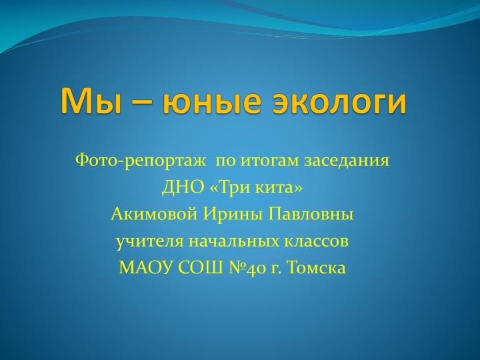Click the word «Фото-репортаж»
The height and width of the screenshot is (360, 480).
click(141, 161)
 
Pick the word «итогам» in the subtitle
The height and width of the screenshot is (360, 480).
click(269, 161)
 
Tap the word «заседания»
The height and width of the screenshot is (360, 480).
click(347, 161)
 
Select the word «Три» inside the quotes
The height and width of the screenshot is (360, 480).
click(234, 187)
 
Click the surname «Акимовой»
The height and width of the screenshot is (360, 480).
click(154, 214)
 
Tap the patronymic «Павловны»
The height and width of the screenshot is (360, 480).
click(311, 214)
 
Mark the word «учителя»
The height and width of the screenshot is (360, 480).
click(150, 242)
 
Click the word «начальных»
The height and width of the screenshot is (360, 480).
click(234, 241)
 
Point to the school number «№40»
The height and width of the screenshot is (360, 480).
click(247, 268)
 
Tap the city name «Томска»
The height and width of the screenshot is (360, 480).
click(317, 267)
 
